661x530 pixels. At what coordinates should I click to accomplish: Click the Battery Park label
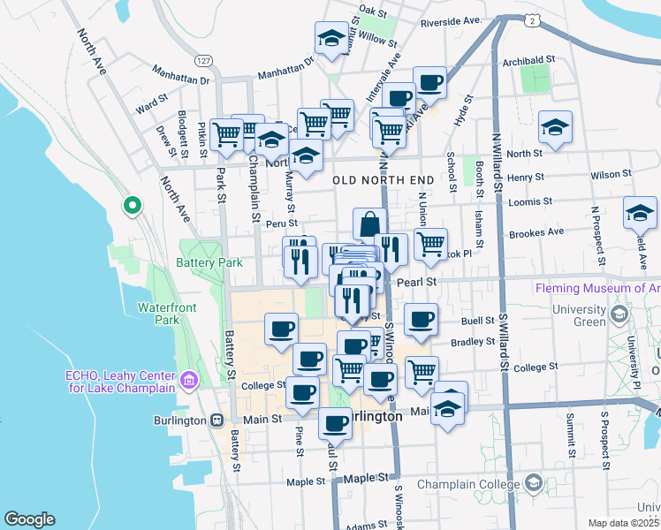[209, 263]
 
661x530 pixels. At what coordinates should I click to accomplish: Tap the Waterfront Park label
[160, 315]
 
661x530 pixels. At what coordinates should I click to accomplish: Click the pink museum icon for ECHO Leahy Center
[188, 382]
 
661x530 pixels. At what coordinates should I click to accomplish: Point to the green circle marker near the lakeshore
[132, 206]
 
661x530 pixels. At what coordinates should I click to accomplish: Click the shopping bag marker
[369, 224]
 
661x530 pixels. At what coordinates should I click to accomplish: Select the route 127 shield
[204, 60]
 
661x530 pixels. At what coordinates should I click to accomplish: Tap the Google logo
[28, 519]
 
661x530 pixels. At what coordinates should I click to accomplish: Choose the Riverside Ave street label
[450, 20]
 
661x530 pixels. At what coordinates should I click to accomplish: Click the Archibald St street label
[528, 59]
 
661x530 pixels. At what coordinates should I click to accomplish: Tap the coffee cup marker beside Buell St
[421, 320]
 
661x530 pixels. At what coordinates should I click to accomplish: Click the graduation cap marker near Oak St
[331, 38]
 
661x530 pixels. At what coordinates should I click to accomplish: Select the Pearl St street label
[417, 282]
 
